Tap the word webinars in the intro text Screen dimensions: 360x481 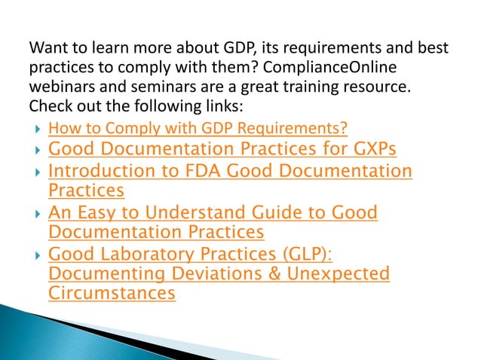tap(58, 86)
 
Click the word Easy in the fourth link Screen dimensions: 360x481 tap(98, 213)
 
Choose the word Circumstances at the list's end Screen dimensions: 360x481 tap(112, 294)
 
